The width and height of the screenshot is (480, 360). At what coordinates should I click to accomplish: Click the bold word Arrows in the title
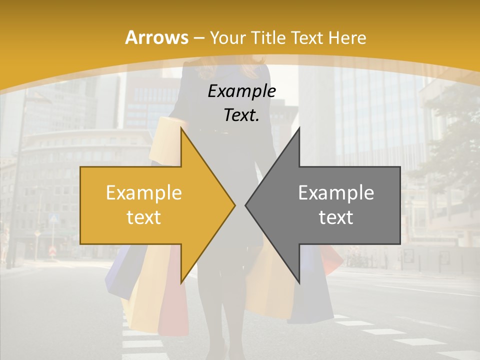pyautogui.click(x=156, y=37)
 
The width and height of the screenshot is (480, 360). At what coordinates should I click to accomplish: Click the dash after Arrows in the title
pyautogui.click(x=198, y=38)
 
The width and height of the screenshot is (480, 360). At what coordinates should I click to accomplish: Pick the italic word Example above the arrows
pyautogui.click(x=242, y=91)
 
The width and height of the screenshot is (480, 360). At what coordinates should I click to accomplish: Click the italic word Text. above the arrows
pyautogui.click(x=242, y=115)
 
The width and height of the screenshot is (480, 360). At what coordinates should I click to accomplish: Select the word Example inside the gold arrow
pyautogui.click(x=144, y=193)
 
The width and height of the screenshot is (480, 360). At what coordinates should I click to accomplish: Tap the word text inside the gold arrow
pyautogui.click(x=144, y=217)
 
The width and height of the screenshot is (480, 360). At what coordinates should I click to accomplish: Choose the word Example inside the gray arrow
pyautogui.click(x=336, y=193)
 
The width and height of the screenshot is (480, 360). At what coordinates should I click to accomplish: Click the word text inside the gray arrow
pyautogui.click(x=336, y=217)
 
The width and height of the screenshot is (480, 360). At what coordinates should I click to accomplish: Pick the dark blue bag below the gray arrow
pyautogui.click(x=312, y=300)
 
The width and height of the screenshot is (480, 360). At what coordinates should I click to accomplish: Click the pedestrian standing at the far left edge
pyautogui.click(x=4, y=245)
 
